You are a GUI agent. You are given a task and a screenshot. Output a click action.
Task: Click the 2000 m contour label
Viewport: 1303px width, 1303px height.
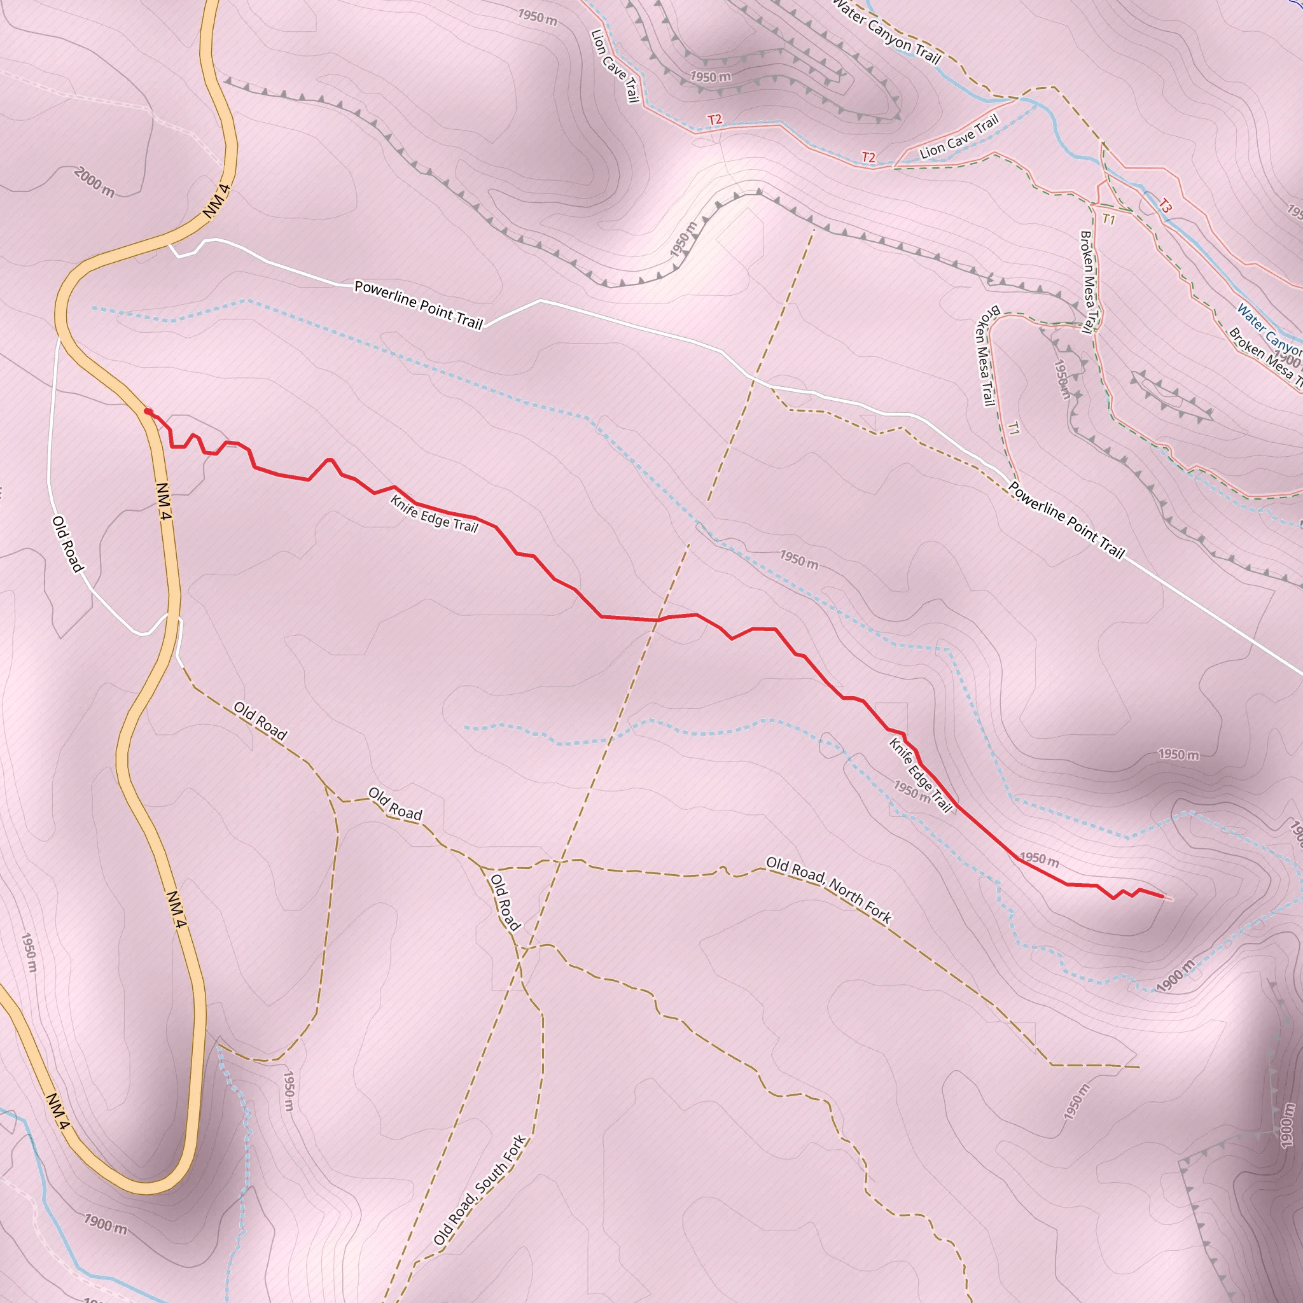click(x=94, y=183)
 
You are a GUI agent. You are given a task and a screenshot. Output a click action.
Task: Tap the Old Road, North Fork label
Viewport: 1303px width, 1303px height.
click(x=829, y=889)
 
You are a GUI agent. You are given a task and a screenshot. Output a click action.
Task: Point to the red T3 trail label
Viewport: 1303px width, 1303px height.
click(x=1166, y=206)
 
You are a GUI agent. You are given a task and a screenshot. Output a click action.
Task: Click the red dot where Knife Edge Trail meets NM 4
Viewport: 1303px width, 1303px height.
click(x=147, y=412)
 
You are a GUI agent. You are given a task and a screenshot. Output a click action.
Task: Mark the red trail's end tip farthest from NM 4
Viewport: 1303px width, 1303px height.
click(x=1164, y=896)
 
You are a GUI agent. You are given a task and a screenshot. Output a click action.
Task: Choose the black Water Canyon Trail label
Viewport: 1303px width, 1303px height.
click(x=886, y=32)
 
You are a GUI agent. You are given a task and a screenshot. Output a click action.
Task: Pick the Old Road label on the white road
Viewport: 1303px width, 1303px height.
click(x=68, y=543)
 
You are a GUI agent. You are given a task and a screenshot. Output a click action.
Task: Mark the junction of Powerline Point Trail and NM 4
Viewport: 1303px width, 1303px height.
click(x=169, y=245)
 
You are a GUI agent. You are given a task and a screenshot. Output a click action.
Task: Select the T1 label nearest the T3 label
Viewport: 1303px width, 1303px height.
click(x=1109, y=219)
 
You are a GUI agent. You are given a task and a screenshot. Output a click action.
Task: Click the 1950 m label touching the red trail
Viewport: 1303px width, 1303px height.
click(x=1038, y=859)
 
